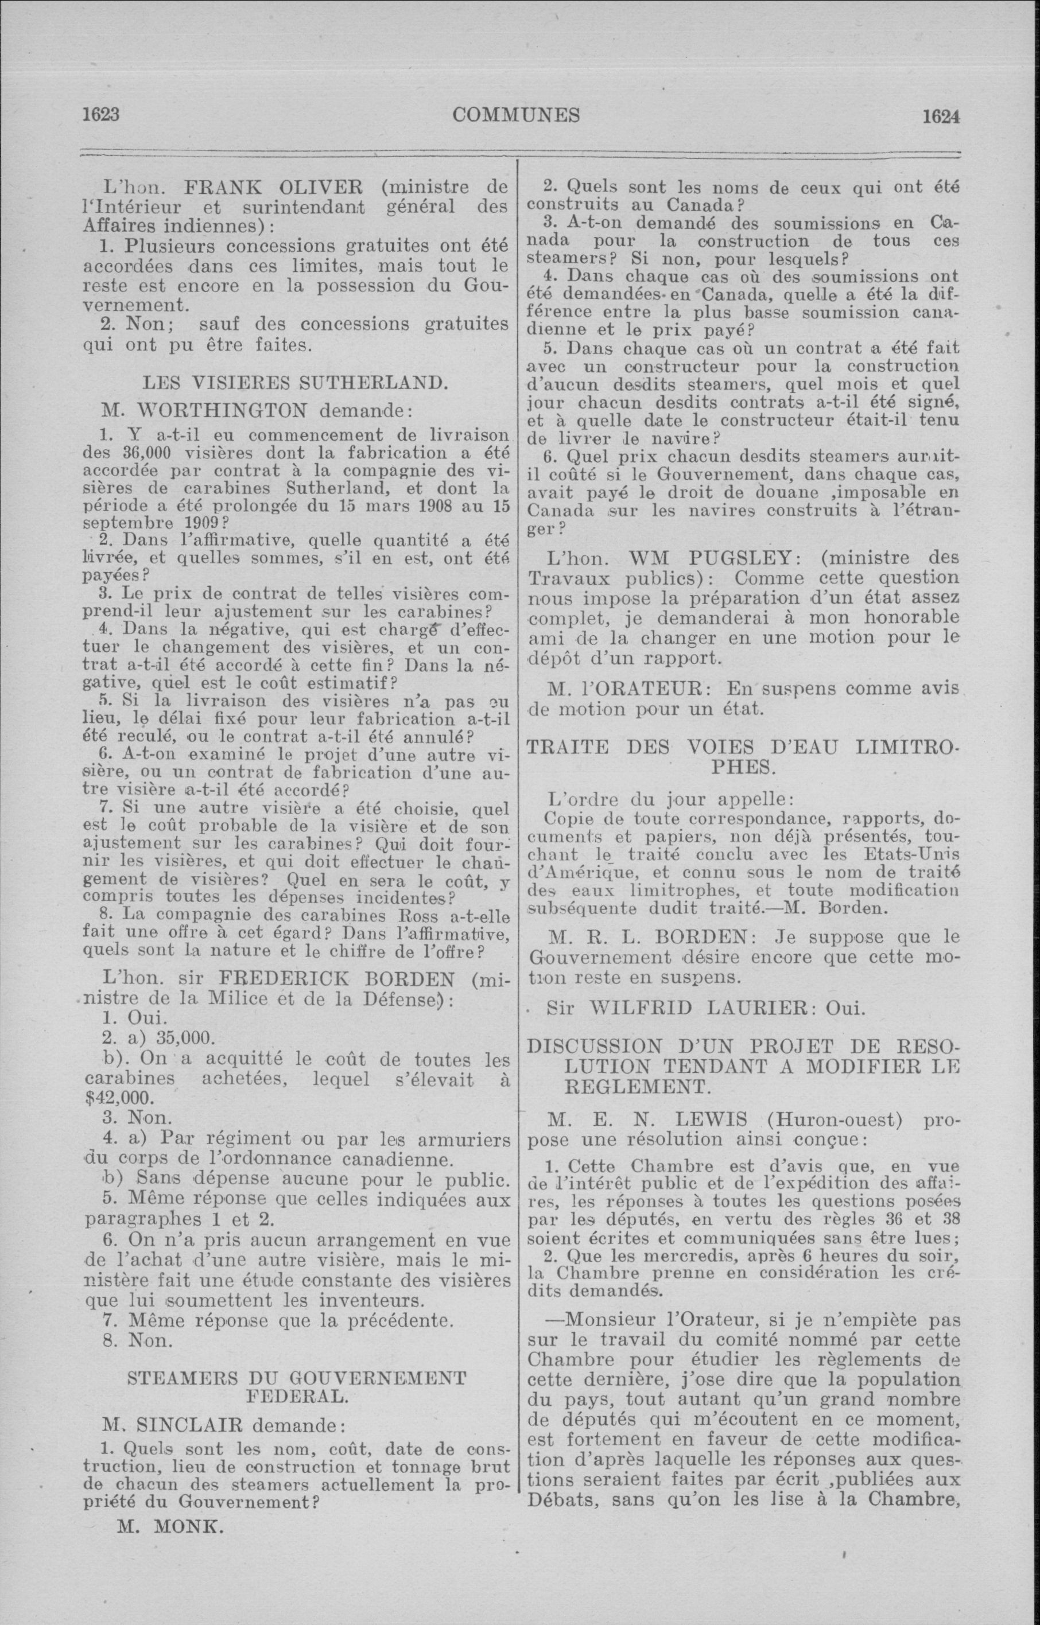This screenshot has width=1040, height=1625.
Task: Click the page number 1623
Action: (x=100, y=114)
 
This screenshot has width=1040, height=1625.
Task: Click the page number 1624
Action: (x=941, y=116)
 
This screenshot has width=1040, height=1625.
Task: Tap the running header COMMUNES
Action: (x=516, y=115)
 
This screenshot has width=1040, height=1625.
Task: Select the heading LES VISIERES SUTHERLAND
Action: (x=294, y=383)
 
